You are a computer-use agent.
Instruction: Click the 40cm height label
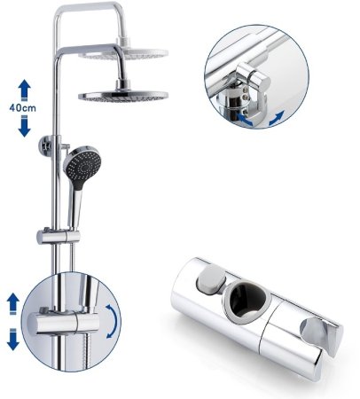(22, 108)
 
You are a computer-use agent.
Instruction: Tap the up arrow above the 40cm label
(24, 90)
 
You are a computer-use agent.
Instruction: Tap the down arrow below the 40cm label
(24, 126)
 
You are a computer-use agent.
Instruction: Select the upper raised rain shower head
(123, 52)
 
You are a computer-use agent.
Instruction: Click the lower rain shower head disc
(123, 95)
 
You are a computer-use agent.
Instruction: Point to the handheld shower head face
(83, 167)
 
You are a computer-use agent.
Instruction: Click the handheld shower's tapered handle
(74, 207)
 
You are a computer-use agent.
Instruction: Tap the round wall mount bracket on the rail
(46, 146)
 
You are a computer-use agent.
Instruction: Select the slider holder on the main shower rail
(59, 237)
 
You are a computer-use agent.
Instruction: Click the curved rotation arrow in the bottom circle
(113, 321)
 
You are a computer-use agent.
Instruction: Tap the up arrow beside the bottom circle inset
(12, 303)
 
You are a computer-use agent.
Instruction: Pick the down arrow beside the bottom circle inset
(12, 339)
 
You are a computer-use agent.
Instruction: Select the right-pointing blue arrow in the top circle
(277, 118)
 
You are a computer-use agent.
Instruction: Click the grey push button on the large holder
(211, 279)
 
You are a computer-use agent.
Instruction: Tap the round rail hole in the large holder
(247, 301)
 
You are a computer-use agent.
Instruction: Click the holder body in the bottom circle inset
(63, 323)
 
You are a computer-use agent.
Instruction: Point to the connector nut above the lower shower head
(122, 84)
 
